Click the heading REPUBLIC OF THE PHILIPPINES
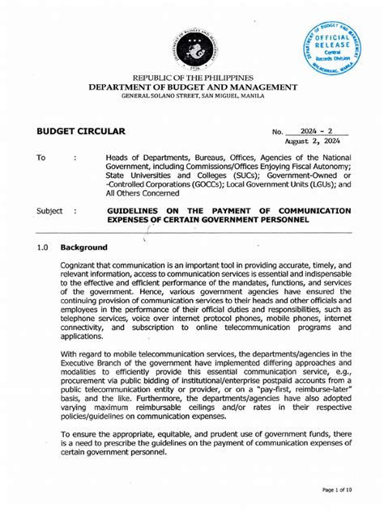[193, 78]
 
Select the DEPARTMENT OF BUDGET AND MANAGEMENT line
[193, 87]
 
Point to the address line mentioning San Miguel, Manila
[193, 97]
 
